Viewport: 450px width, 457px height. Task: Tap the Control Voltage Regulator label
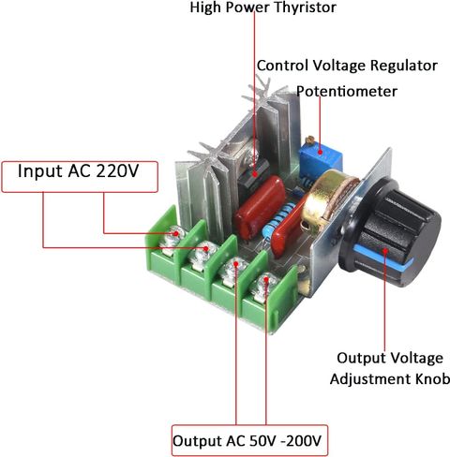pos(347,66)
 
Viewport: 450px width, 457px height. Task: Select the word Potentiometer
pos(347,92)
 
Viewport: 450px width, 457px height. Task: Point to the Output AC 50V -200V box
pos(249,439)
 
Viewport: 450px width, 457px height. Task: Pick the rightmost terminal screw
pos(263,284)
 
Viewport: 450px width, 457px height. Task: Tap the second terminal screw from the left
pos(201,254)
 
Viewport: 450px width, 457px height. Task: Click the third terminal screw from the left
pos(232,269)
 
